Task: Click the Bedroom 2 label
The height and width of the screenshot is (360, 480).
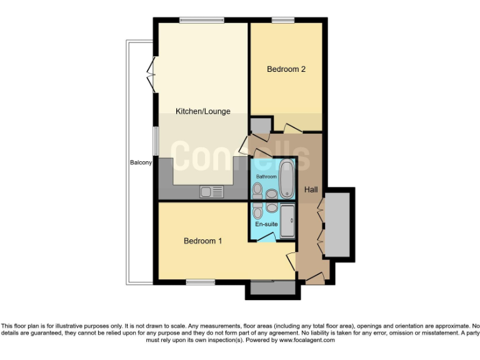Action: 286,69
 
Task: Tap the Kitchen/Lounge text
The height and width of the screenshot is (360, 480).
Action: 202,111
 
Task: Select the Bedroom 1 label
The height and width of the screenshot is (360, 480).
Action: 202,241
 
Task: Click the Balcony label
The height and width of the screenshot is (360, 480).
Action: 141,163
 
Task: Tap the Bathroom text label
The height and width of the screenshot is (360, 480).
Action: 266,177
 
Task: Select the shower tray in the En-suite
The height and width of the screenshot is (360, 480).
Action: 287,221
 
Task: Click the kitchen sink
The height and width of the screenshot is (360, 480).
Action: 211,192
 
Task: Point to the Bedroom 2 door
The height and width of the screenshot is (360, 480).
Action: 292,128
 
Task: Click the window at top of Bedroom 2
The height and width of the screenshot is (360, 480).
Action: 283,21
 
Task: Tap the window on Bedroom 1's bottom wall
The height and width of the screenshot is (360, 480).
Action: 200,282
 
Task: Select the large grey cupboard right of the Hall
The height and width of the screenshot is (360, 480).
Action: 339,224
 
